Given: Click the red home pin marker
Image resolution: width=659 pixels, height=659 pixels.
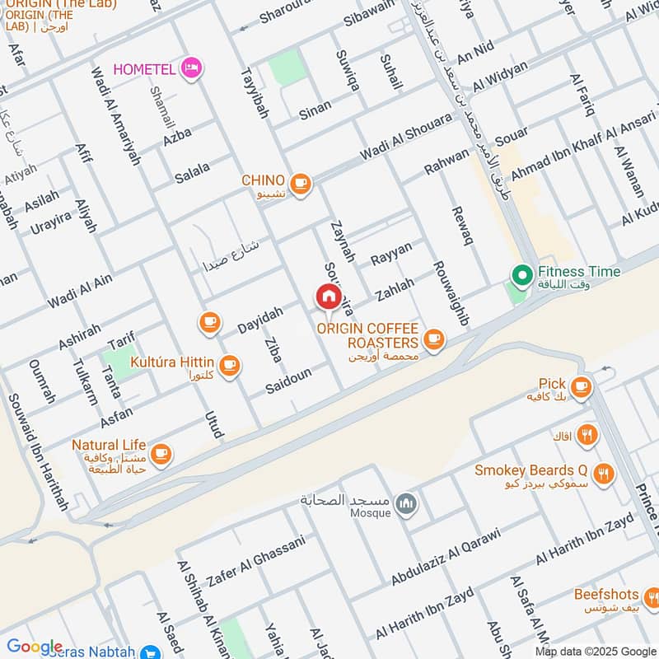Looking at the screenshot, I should coord(328,297).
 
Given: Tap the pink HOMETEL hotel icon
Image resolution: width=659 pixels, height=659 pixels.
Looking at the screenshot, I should coord(191,68).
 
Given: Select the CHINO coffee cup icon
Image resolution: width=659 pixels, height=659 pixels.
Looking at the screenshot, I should coord(301,184).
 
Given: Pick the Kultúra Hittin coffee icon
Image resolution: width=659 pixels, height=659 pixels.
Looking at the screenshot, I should coord(229,364).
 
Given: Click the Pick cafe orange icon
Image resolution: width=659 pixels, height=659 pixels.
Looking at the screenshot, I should coord(581,386).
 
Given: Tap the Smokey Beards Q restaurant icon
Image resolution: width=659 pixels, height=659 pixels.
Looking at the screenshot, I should coord(604,474).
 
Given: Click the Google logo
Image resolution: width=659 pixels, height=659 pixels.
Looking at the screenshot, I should coord(35,647).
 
